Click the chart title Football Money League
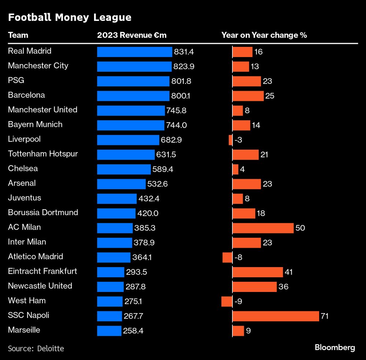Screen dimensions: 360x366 point(70,17)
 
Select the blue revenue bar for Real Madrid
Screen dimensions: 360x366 point(134,52)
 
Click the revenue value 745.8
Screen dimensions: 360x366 point(176,110)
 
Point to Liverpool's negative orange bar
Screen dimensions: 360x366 point(230,140)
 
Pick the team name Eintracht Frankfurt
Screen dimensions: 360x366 point(42,271)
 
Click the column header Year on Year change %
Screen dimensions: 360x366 point(264,35)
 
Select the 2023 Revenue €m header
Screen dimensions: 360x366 point(132,35)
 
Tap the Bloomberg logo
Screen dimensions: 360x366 point(335,348)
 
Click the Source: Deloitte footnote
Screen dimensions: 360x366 point(36,349)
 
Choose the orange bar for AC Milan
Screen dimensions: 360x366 point(263,228)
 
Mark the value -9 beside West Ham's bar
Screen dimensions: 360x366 point(238,301)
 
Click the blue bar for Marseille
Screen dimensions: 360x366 point(109,331)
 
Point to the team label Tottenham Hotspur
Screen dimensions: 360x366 point(43,154)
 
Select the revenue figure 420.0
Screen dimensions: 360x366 point(148,213)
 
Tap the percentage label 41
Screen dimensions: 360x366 point(289,272)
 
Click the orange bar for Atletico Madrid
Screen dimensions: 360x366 point(227,257)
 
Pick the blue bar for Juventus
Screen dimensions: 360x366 point(117,199)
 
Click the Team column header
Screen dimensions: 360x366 point(18,35)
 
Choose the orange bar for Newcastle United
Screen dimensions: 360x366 point(254,287)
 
